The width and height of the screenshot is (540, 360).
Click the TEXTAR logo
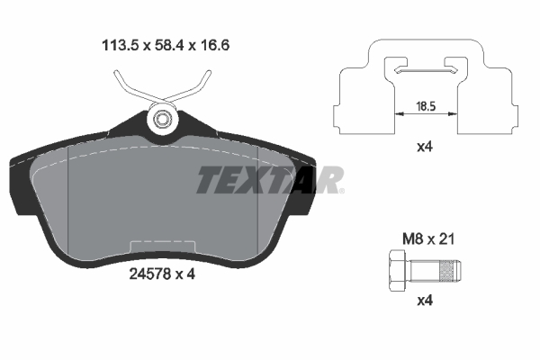(x=269, y=180)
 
